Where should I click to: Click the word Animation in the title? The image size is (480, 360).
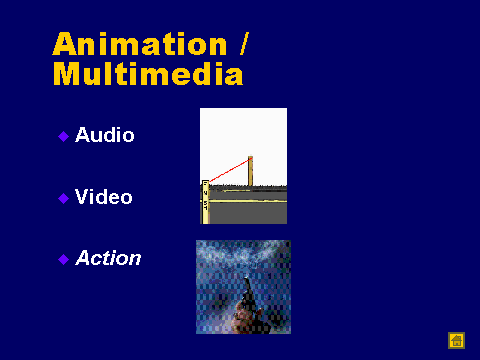point(140,44)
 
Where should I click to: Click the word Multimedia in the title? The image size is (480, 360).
point(148,73)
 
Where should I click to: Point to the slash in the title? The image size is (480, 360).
point(244,44)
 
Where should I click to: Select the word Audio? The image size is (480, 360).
point(105,135)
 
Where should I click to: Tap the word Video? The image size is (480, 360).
point(104,196)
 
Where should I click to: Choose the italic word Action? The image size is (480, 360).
point(108,258)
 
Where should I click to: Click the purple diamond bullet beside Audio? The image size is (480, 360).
point(63,136)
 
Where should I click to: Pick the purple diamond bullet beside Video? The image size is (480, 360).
point(63,198)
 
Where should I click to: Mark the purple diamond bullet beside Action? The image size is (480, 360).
point(63,259)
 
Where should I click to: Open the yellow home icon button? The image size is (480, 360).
point(456,340)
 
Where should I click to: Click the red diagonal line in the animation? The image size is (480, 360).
point(230,170)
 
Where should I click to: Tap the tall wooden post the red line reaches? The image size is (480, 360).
point(250,171)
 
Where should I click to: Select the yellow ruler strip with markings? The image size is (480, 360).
point(205,202)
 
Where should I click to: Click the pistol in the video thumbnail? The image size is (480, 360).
point(249,293)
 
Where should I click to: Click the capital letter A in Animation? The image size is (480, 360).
point(65,44)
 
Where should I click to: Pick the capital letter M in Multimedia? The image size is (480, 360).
point(66,73)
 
